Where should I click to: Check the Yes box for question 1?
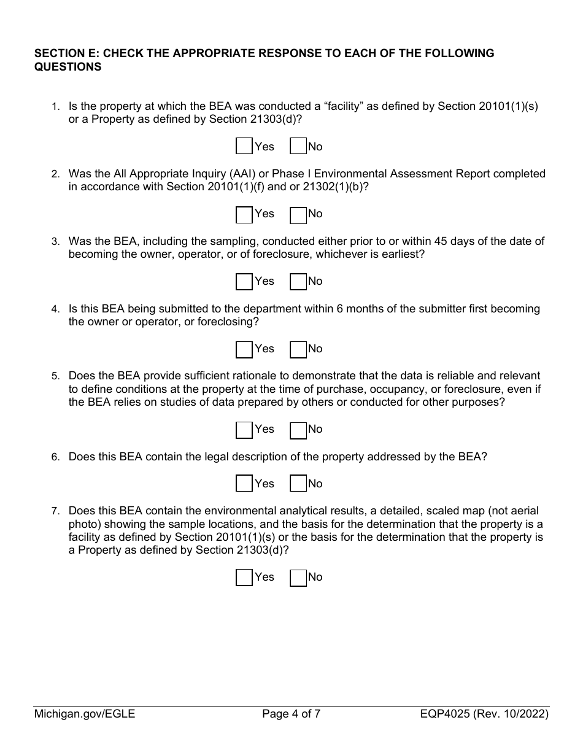[244, 147]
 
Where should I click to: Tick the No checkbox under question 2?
[298, 214]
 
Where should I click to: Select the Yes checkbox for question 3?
[244, 282]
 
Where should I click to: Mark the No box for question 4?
[298, 349]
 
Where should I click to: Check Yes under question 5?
[244, 430]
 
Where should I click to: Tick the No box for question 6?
[298, 484]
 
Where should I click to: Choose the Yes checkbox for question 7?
[244, 578]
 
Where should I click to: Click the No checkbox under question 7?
[298, 578]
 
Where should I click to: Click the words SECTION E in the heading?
[65, 53]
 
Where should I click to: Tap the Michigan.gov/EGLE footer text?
[84, 714]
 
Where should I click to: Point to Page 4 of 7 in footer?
[291, 714]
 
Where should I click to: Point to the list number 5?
[55, 376]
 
